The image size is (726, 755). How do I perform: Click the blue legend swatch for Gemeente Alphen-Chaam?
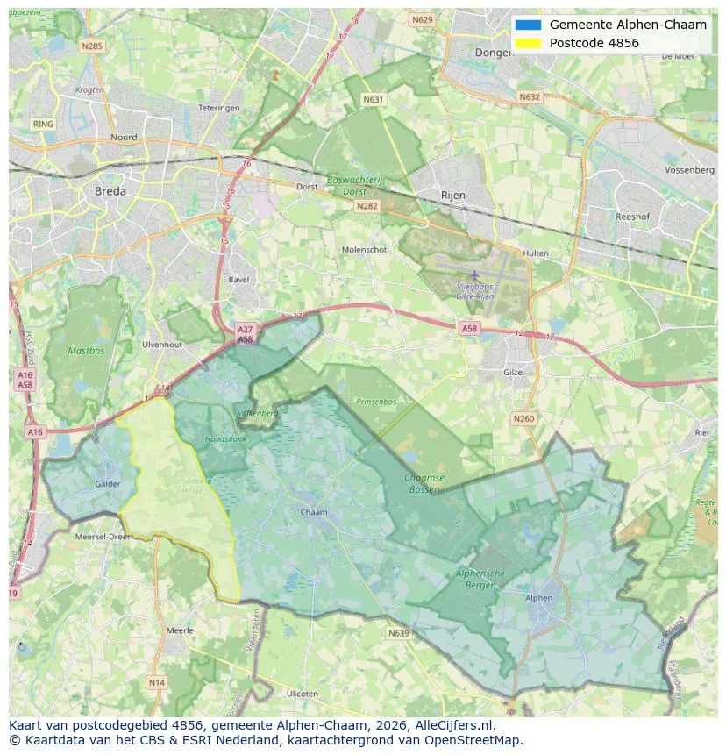[x=529, y=25]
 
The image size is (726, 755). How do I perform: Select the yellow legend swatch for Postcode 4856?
[x=529, y=43]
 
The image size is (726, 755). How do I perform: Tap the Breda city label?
[x=110, y=190]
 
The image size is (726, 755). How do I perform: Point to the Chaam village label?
[x=313, y=512]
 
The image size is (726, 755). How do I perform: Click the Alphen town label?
[x=539, y=598]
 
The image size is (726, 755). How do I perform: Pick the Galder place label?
[x=107, y=483]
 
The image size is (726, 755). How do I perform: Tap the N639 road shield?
[x=398, y=632]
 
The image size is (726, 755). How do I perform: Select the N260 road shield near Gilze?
[x=523, y=419]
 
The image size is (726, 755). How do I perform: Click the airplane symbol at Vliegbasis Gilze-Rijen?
[x=475, y=275]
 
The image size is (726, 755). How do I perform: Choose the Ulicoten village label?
[x=302, y=694]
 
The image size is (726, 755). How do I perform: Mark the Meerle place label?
[x=180, y=630]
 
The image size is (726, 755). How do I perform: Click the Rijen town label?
[x=453, y=195]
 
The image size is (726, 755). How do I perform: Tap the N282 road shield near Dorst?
[x=367, y=205]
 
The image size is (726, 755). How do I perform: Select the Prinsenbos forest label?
[x=376, y=402]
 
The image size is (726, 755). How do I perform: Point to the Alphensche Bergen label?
[x=480, y=578]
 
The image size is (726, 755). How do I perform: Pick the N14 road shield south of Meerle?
[x=156, y=682]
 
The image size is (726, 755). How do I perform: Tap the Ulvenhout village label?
[x=161, y=345]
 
